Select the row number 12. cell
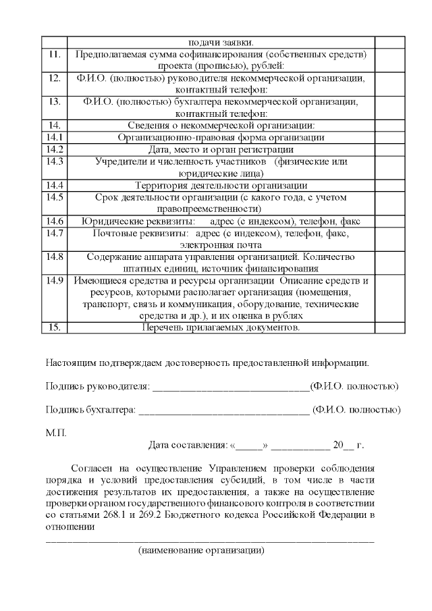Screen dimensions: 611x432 click(55, 78)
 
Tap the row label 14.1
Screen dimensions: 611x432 click(55, 137)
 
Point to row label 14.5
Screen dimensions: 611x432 click(55, 197)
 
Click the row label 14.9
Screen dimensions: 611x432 click(55, 280)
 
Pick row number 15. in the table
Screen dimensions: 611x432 click(55, 327)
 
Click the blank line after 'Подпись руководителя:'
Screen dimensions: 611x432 click(230, 387)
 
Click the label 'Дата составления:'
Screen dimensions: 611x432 click(188, 446)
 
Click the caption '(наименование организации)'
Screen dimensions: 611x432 click(200, 551)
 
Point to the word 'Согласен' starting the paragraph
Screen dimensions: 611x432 click(90, 468)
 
